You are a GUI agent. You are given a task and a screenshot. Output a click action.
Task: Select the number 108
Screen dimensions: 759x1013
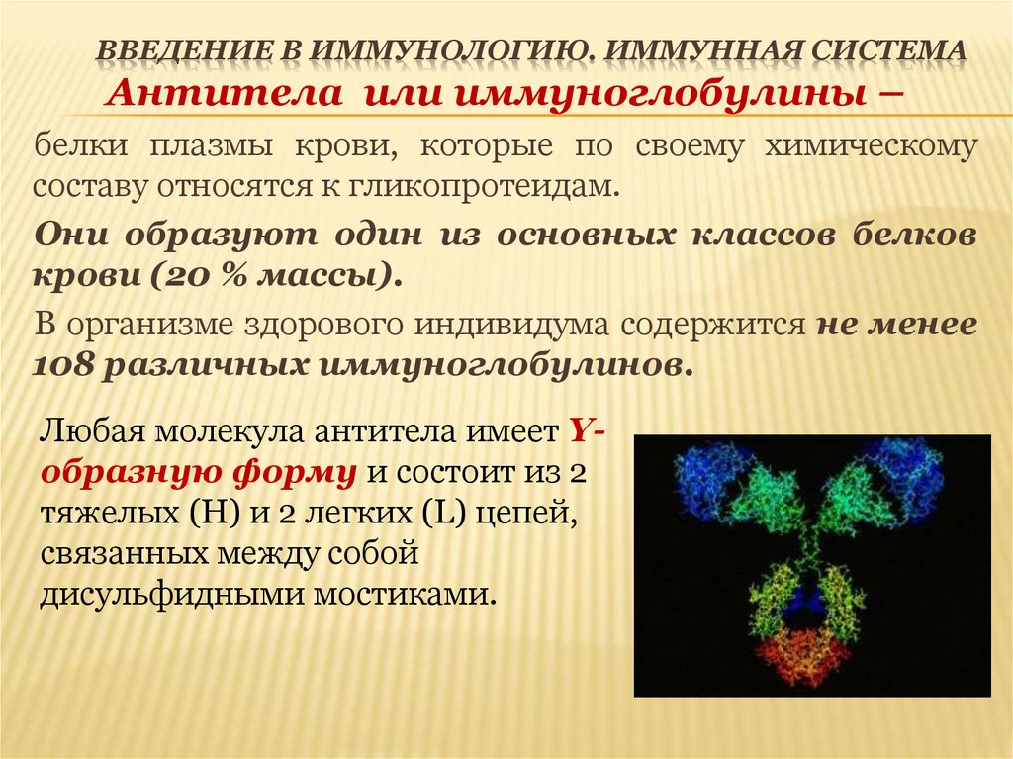click(65, 364)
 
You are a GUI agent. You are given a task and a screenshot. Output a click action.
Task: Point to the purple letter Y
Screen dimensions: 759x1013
click(581, 432)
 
